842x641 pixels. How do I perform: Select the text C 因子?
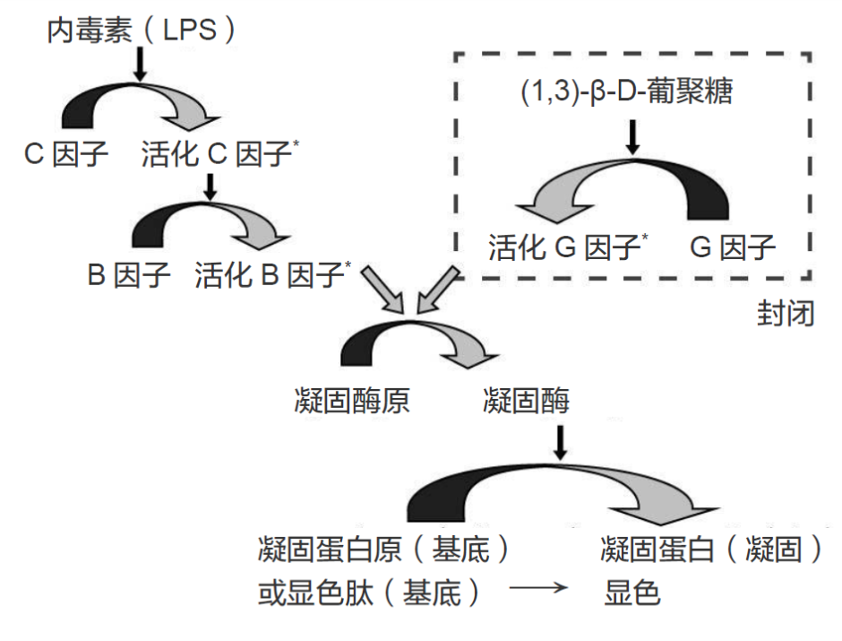[x=66, y=156]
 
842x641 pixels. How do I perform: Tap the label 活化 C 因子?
[x=219, y=156]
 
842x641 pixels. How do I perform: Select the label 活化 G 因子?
[x=564, y=247]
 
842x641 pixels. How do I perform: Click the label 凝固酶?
[x=525, y=401]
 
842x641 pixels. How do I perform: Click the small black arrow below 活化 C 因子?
[x=210, y=186]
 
